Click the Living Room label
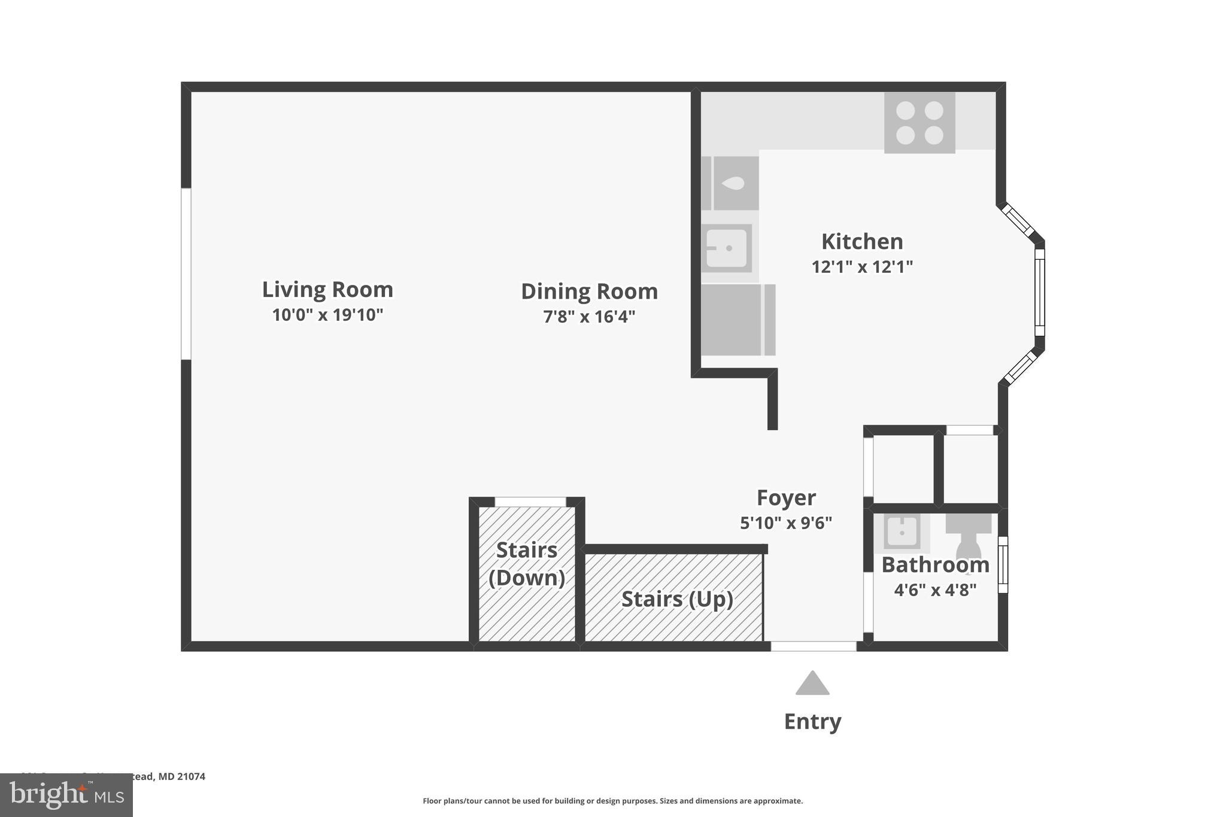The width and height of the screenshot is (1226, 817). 327,290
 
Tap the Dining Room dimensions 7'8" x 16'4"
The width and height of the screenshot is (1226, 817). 589,317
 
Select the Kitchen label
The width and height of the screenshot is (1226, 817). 862,242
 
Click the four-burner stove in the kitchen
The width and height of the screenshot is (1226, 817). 919,123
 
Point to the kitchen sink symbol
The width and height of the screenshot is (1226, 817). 727,248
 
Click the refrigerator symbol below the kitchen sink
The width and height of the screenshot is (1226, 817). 738,320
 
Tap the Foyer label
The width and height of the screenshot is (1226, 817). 786,498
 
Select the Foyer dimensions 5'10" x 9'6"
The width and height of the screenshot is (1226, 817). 786,523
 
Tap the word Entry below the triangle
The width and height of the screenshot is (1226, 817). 812,722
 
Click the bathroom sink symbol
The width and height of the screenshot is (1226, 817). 902,532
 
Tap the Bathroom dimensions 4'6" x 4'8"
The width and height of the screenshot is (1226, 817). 935,590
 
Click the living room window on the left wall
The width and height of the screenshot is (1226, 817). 186,274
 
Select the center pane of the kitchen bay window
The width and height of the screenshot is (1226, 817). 1040,292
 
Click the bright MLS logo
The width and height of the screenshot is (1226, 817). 66,795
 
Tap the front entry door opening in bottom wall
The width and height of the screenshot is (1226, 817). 813,646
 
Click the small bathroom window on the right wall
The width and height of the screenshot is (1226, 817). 1003,564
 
